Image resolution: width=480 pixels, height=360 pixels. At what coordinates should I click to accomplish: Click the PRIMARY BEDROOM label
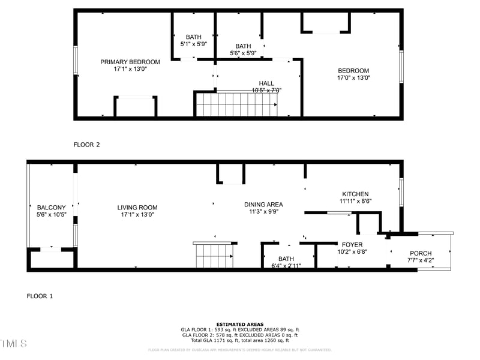pyautogui.click(x=130, y=62)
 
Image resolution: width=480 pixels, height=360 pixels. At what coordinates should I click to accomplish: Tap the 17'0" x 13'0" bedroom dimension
pyautogui.click(x=353, y=77)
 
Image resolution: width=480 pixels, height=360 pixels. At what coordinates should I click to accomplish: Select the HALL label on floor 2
pyautogui.click(x=266, y=83)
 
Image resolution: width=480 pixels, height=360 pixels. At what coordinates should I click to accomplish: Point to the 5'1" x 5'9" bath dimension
pyautogui.click(x=194, y=44)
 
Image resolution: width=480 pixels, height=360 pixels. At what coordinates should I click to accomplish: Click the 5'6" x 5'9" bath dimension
pyautogui.click(x=243, y=53)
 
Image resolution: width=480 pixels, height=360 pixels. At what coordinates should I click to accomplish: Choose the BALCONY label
pyautogui.click(x=51, y=208)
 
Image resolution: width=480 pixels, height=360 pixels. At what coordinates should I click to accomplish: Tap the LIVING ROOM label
pyautogui.click(x=137, y=208)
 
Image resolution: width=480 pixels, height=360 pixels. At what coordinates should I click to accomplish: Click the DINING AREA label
pyautogui.click(x=263, y=205)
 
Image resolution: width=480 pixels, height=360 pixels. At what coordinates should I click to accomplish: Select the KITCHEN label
pyautogui.click(x=355, y=194)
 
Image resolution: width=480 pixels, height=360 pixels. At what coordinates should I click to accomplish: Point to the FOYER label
pyautogui.click(x=352, y=245)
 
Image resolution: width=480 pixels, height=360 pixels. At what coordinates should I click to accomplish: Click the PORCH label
pyautogui.click(x=420, y=253)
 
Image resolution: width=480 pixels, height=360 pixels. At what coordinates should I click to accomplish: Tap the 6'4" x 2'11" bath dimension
pyautogui.click(x=286, y=266)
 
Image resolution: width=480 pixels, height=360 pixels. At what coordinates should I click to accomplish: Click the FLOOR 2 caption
pyautogui.click(x=86, y=145)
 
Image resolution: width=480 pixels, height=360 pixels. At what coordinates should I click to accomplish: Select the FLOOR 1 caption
pyautogui.click(x=40, y=296)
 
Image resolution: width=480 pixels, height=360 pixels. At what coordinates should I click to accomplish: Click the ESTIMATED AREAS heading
pyautogui.click(x=240, y=325)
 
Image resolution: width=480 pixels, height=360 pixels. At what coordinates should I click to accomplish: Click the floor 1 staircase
pyautogui.click(x=213, y=256)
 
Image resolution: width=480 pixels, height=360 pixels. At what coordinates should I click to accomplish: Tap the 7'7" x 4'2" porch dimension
pyautogui.click(x=420, y=260)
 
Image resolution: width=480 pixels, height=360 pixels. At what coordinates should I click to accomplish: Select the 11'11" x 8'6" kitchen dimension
pyautogui.click(x=355, y=202)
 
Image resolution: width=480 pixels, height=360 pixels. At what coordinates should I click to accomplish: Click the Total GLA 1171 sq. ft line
pyautogui.click(x=240, y=340)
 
